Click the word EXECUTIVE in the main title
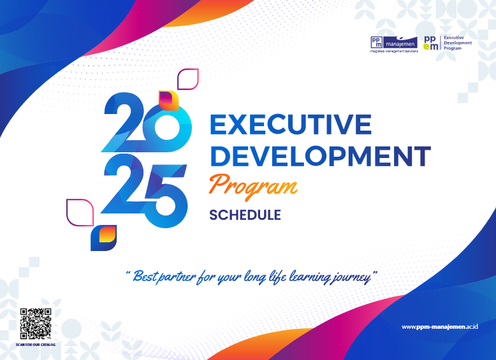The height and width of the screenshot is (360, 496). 290,124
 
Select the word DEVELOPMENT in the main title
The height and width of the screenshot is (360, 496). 320,155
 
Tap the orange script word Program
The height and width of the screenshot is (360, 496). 253,185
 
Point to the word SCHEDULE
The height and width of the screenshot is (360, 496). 245,215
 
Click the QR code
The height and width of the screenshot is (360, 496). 36,324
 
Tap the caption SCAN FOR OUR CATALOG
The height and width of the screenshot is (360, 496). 36,345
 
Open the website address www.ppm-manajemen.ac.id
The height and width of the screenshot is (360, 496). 439,327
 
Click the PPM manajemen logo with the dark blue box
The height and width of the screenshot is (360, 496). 393,43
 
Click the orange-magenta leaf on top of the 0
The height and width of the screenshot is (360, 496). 168,100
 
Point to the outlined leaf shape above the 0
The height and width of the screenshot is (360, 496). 188,78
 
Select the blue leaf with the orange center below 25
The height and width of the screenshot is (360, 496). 103,238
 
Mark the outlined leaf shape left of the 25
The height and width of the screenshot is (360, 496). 80,212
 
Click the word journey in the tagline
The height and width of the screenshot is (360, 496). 352,277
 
